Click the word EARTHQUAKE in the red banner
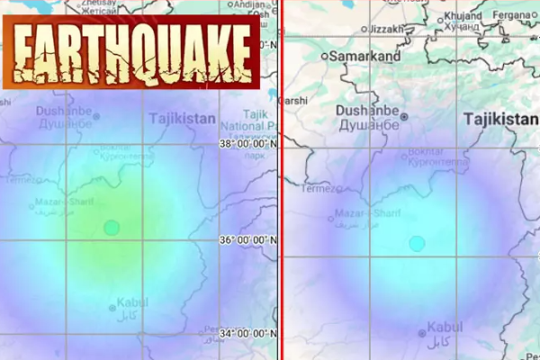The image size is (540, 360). click(x=131, y=50)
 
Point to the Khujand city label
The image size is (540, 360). click(x=464, y=17)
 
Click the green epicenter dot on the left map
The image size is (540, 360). click(x=111, y=228)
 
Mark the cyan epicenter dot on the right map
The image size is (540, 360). click(x=417, y=243)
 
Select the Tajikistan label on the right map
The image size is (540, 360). click(x=500, y=119)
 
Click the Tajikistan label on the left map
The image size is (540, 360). click(x=183, y=119)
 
